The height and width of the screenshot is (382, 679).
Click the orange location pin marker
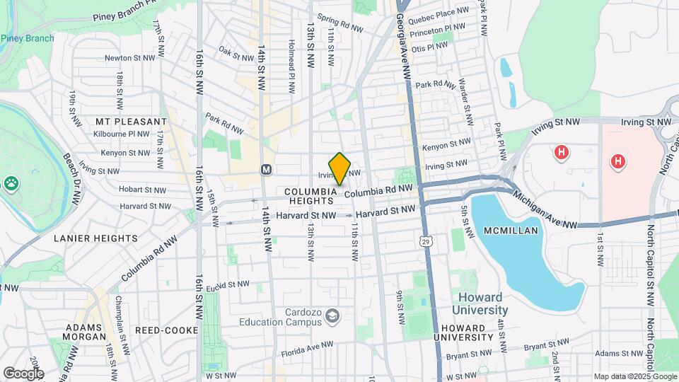(339, 168)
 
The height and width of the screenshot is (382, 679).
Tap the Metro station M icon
(267, 170)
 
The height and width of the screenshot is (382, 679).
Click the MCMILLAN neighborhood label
(511, 231)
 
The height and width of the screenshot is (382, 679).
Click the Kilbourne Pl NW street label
(125, 133)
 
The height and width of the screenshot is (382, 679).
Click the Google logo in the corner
(23, 374)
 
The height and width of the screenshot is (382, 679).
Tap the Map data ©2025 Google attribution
(634, 376)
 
